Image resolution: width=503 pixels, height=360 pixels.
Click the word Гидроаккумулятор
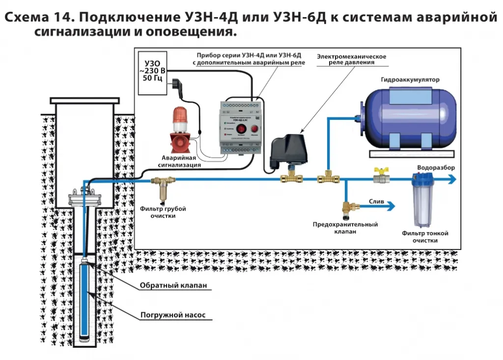(x=410, y=79)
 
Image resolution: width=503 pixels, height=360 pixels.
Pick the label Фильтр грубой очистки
(x=163, y=212)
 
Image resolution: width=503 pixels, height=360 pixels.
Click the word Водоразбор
(x=436, y=167)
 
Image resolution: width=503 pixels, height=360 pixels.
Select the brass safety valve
(x=348, y=210)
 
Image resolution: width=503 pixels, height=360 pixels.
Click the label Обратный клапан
(x=170, y=285)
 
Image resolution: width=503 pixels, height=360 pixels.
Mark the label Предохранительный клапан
(x=345, y=228)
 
